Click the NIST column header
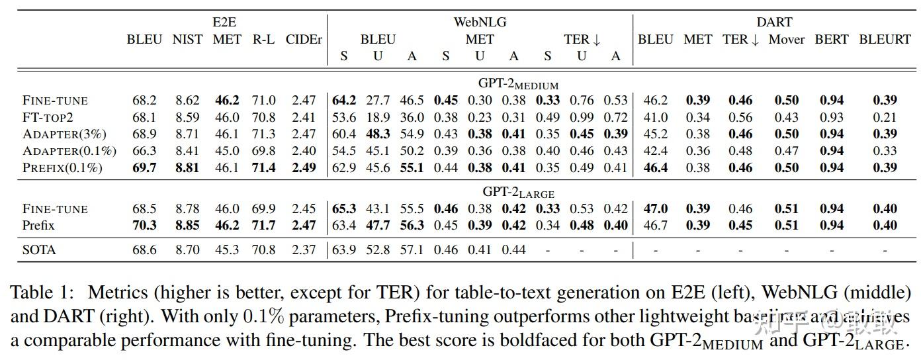click(x=187, y=40)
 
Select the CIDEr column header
click(x=304, y=40)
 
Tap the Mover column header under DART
click(x=786, y=40)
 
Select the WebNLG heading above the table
click(x=479, y=22)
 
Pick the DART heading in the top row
click(x=774, y=22)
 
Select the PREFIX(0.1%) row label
click(x=62, y=168)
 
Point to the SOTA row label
click(x=39, y=250)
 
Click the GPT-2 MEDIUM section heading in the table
click(x=518, y=85)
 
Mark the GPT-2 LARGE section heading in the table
click(x=518, y=193)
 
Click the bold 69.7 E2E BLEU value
click(x=144, y=168)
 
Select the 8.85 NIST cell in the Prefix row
click(x=187, y=226)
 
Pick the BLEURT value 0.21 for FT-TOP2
click(x=885, y=117)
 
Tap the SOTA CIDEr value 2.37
click(x=304, y=250)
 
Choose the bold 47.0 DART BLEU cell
click(x=655, y=209)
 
